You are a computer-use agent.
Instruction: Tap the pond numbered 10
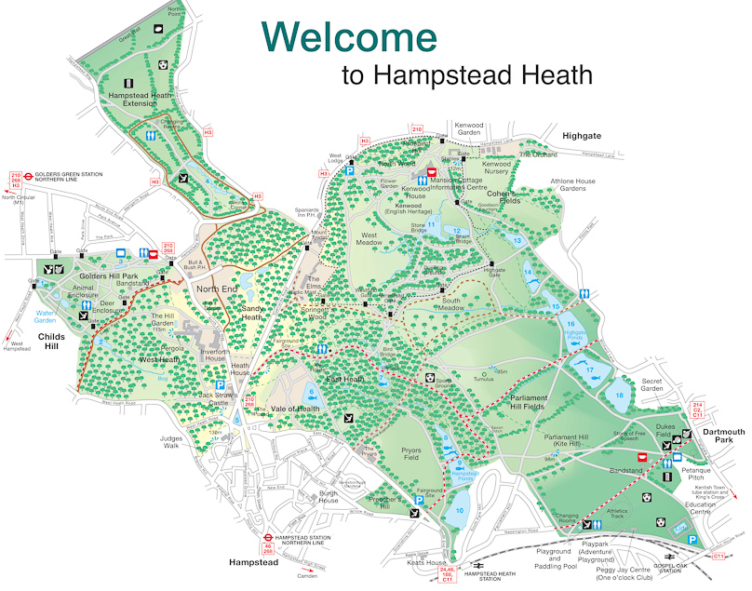(459, 510)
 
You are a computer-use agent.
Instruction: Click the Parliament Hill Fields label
(541, 403)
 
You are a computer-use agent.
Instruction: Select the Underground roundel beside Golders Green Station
(29, 173)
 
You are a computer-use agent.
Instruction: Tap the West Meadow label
(371, 242)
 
